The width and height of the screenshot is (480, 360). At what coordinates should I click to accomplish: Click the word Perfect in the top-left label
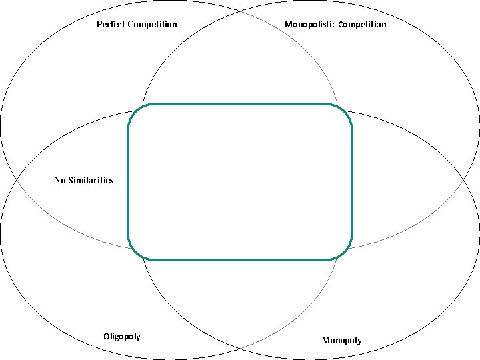click(109, 25)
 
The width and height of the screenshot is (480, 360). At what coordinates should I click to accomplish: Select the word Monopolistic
click(310, 25)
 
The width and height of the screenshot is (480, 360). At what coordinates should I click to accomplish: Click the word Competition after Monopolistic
click(362, 25)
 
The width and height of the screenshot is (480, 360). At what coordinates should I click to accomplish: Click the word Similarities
click(91, 180)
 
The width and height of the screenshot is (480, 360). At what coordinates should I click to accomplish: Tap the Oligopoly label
click(122, 336)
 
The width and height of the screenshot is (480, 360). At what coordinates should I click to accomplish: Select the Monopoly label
click(341, 341)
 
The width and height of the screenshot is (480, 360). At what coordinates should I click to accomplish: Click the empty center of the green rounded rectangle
click(240, 182)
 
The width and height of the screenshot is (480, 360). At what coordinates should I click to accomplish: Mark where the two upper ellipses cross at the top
click(240, 12)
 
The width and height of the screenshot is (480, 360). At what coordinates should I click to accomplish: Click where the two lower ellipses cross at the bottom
click(240, 348)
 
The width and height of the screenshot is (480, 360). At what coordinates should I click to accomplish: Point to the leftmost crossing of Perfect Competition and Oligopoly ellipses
click(15, 180)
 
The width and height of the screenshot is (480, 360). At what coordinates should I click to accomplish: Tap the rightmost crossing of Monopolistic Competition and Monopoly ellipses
click(465, 180)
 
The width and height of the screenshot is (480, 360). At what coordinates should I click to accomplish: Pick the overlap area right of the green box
click(407, 180)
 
